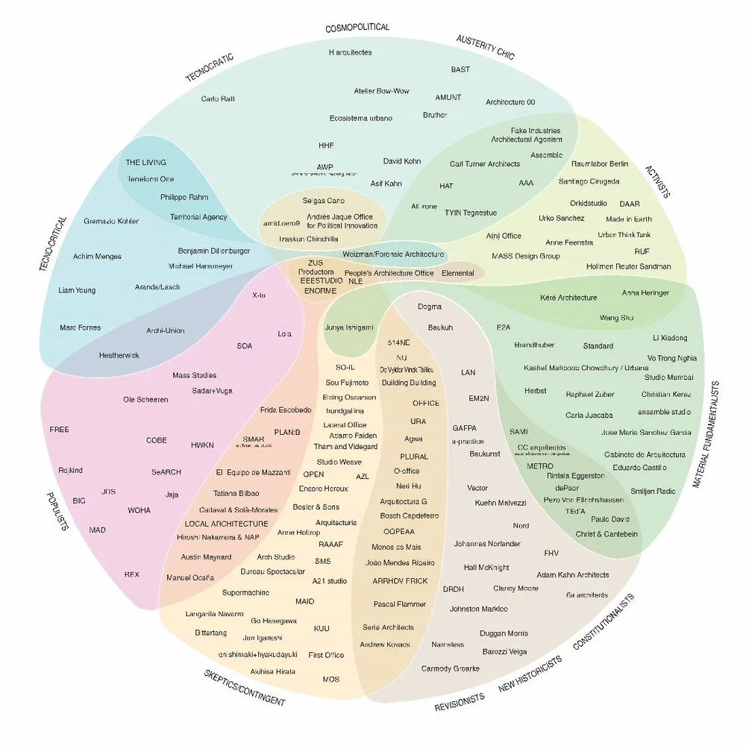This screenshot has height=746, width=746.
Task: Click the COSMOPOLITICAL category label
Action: [357, 28]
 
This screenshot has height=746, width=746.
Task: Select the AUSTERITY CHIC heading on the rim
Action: [485, 47]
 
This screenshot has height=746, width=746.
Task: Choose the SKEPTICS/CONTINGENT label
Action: [245, 688]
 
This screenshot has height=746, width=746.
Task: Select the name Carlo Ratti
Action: [218, 98]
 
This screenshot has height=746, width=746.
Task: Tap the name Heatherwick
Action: [119, 356]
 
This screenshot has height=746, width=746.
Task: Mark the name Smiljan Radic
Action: [652, 492]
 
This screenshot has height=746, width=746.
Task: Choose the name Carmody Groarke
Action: [450, 668]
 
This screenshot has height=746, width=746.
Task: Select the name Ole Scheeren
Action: [145, 400]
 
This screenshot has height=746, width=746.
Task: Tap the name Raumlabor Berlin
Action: [599, 164]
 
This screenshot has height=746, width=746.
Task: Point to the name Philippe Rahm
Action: [184, 198]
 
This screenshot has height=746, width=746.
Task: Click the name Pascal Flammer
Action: [400, 604]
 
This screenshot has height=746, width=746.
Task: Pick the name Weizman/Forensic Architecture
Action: [392, 254]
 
